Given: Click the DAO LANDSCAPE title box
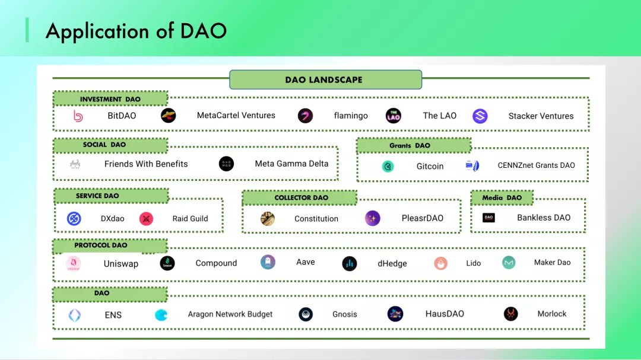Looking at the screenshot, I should point(325,79).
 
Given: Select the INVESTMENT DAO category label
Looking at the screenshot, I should point(110,99).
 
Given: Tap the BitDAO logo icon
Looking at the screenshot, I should point(78,116).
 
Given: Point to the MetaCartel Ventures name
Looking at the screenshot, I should point(236,116).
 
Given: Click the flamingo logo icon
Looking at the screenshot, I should point(305,116).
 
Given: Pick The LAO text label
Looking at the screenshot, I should point(440,116).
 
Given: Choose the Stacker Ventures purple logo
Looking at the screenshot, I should point(480,116).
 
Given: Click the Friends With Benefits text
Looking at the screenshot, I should point(146,164).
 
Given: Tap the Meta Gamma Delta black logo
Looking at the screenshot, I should point(226,164).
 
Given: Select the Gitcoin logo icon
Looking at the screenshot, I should point(388,167).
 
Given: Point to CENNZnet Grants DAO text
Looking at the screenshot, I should point(537,165).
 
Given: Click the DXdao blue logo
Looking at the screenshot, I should point(74,219).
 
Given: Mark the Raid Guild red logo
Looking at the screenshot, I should point(146,219).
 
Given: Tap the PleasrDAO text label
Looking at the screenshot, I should point(423,218).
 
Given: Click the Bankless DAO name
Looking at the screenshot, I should point(544,218).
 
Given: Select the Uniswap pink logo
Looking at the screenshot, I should point(74,264).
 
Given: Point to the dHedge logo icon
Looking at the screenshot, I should point(350,264).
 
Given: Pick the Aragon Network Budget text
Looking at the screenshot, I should point(230,314).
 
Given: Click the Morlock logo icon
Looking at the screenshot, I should point(510,314).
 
